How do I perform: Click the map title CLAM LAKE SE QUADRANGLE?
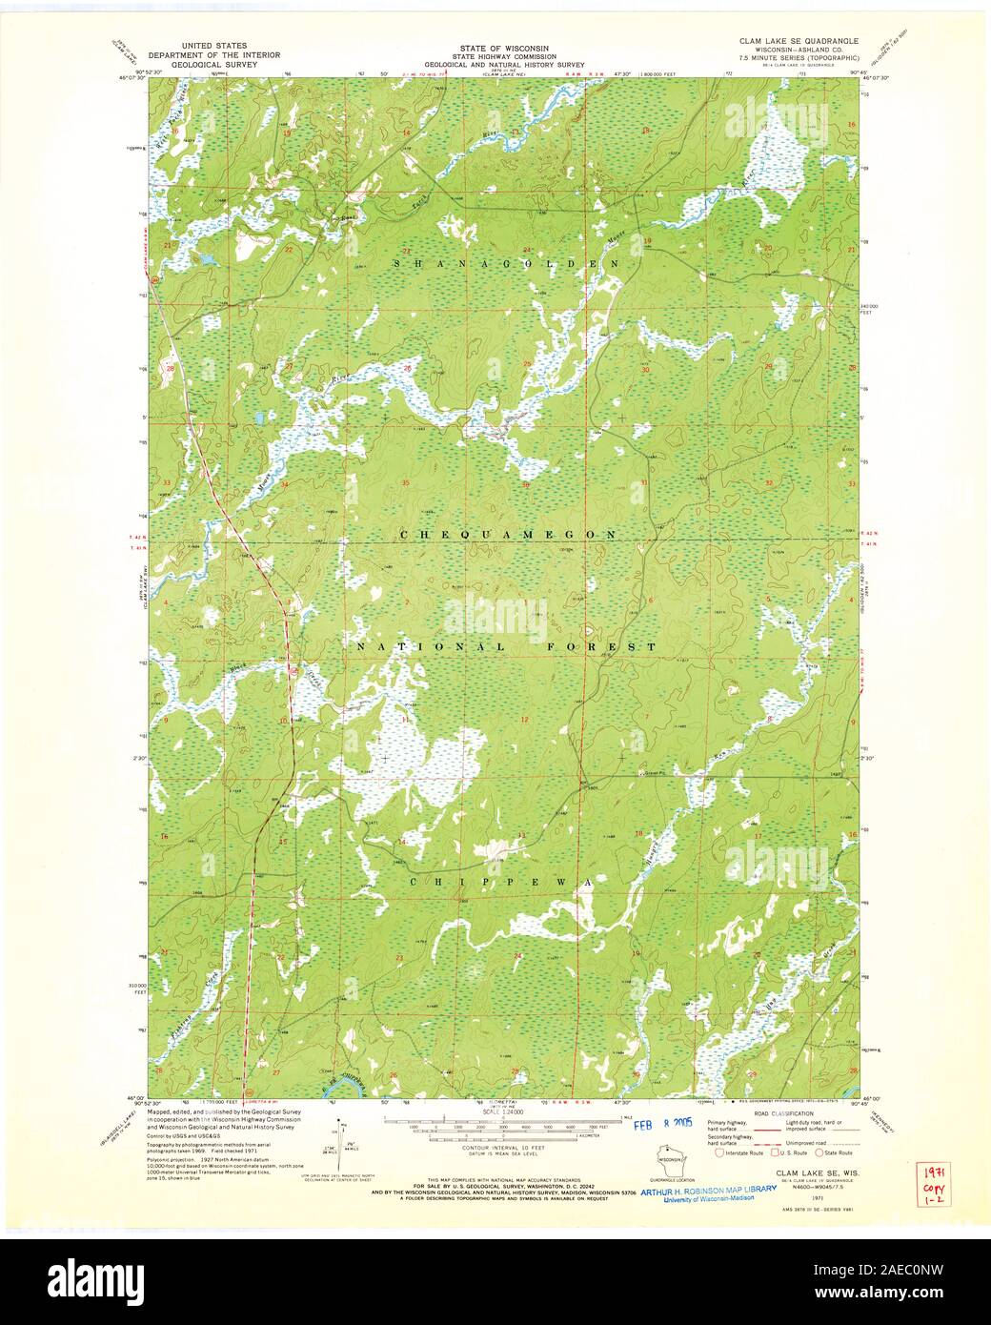(x=799, y=42)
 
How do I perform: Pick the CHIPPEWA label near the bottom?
(x=501, y=884)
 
